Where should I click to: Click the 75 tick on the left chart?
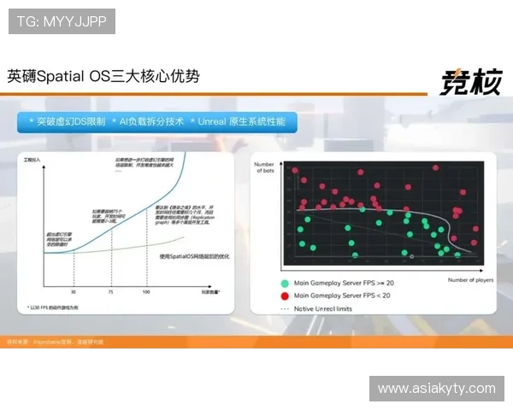(111, 291)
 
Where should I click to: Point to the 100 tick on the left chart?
(145, 291)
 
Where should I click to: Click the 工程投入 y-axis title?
(32, 161)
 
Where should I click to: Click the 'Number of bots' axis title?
(264, 167)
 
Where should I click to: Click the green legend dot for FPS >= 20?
(283, 283)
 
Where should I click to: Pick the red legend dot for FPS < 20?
(283, 295)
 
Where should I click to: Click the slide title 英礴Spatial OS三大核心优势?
(103, 76)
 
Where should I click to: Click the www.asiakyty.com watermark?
(436, 388)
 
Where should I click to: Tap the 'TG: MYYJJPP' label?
(62, 21)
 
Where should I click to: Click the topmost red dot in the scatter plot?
(294, 171)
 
